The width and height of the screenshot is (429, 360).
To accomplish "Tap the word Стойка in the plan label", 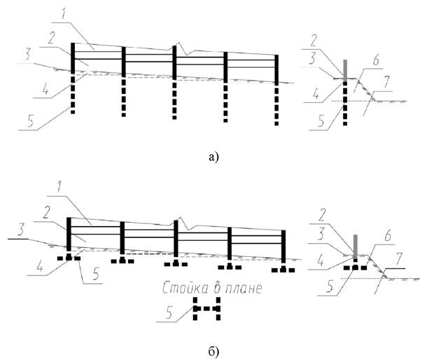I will pyautogui.click(x=183, y=288).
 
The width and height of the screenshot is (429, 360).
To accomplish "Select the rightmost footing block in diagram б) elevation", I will pyautogui.click(x=283, y=268).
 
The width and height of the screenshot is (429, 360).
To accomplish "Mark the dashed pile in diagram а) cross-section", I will pyautogui.click(x=345, y=105).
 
